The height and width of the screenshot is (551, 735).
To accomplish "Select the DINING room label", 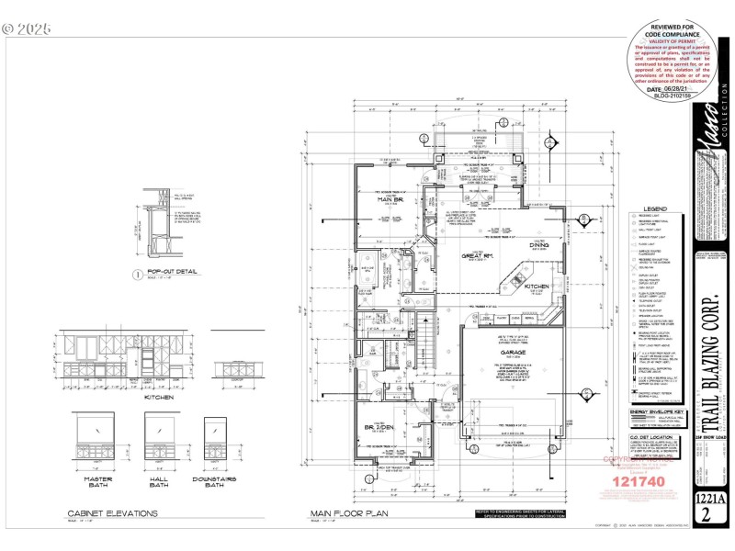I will pos(537,244).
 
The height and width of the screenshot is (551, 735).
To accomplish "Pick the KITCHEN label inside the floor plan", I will pos(537,287).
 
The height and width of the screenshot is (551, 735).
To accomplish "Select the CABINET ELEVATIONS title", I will pos(113,513).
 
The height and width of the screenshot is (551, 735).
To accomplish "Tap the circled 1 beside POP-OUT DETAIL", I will pos(135,274).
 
